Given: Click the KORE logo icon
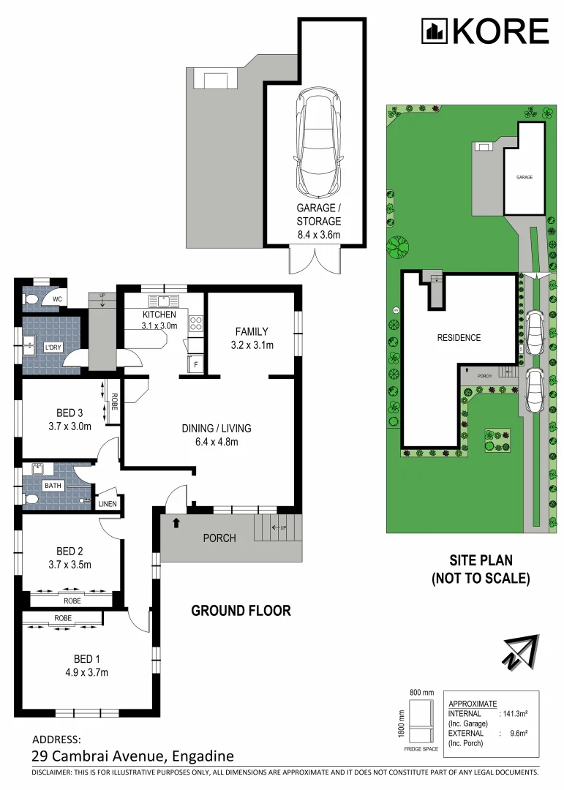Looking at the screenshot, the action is point(435,31).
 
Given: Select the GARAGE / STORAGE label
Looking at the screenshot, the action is point(318,214).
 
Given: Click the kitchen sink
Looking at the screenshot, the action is point(162,301).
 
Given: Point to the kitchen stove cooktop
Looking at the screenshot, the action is point(195,323).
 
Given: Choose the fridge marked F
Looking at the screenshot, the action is point(195,364).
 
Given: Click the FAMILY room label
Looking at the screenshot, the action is point(252,331).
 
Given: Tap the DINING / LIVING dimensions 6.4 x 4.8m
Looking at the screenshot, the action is point(217,442).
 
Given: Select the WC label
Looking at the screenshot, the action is point(57,299).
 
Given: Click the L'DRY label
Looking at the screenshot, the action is point(53,347).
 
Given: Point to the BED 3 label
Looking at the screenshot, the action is point(69,413).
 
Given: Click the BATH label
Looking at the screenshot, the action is point(53,486).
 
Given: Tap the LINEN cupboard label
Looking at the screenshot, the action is point(108,504).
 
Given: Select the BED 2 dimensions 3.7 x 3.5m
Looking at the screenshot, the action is point(70,565).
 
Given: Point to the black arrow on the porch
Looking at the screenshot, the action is point(176,523).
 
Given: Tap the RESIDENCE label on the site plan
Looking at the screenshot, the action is point(459,337).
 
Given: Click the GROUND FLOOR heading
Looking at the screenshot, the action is point(241,611).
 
